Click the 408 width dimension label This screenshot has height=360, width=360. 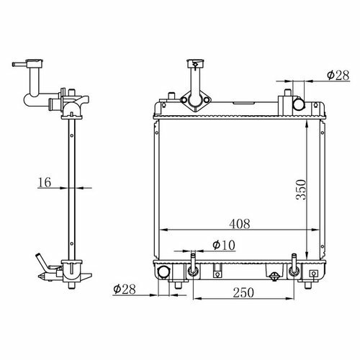click(x=240, y=224)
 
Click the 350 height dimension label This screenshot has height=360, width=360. click(x=301, y=189)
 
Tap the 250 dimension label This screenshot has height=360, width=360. click(x=243, y=293)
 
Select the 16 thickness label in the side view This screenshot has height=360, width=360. click(x=45, y=182)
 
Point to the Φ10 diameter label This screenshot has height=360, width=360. click(x=224, y=245)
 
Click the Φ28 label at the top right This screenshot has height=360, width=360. click(x=338, y=76)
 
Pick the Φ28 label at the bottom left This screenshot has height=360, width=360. click(x=125, y=289)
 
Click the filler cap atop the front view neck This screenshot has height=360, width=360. click(x=195, y=63)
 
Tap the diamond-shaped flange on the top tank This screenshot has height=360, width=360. click(x=196, y=100)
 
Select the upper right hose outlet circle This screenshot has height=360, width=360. click(x=299, y=104)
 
